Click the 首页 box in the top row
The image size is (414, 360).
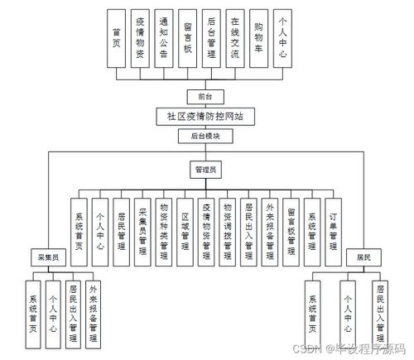click(117, 37)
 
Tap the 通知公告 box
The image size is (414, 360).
click(165, 37)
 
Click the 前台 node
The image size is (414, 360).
click(195, 96)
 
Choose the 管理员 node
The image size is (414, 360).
click(206, 170)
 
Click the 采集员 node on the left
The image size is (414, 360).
click(44, 257)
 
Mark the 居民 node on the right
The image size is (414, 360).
click(363, 257)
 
